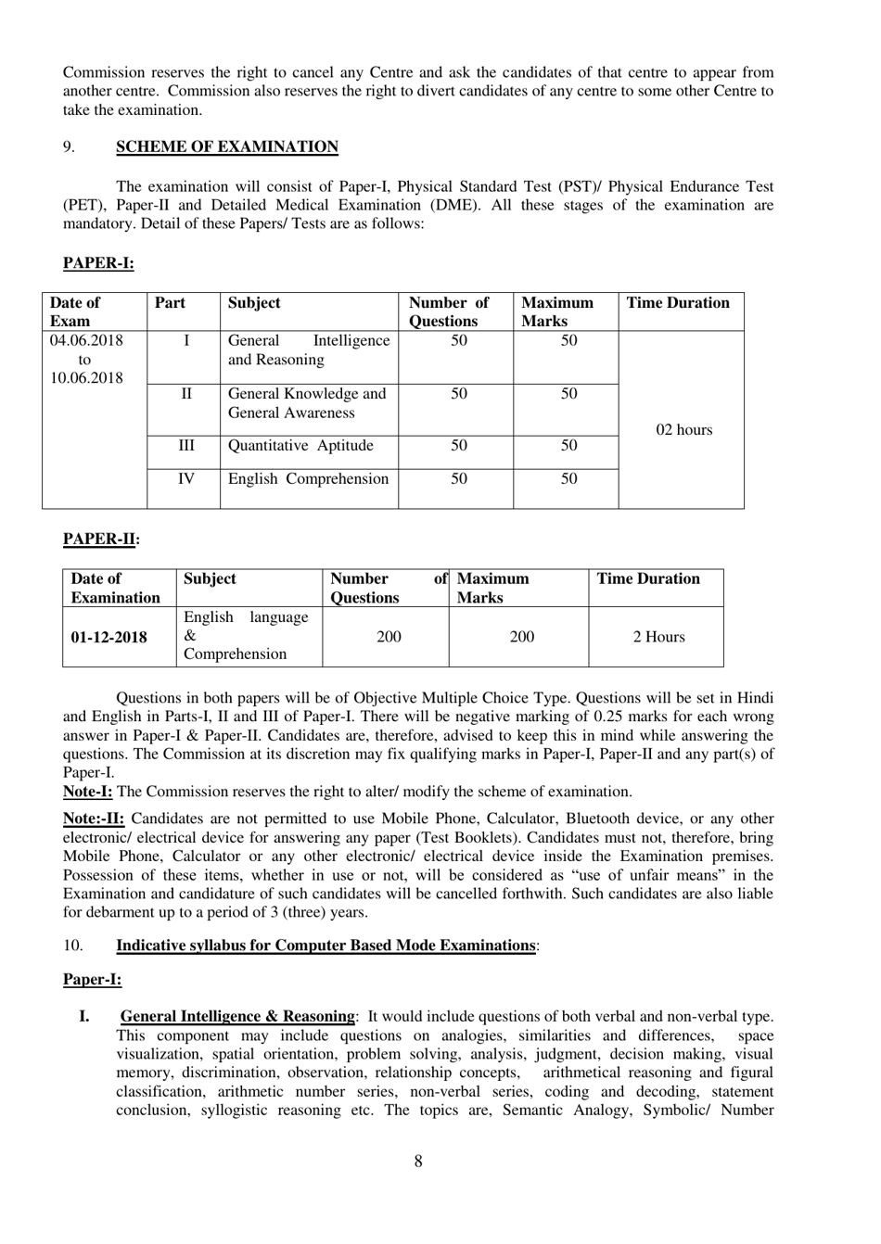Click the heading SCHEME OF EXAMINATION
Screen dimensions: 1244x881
coord(226,146)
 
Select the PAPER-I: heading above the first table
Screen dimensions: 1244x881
coord(98,263)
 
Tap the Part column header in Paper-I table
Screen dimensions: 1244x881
coord(170,303)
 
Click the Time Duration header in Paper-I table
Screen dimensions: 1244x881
coord(678,303)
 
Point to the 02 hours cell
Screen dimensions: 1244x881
coord(683,429)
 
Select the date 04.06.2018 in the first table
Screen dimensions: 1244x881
coord(86,340)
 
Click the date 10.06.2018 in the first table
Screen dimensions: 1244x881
coord(86,377)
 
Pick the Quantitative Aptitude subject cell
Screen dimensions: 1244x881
coord(300,446)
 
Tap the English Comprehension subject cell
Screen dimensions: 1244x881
coord(308,479)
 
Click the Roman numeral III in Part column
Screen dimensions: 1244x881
coord(185,446)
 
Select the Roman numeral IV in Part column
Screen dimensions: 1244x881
coord(185,479)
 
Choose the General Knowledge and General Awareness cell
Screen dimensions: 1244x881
coord(307,403)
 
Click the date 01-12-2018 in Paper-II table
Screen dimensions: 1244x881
coord(109,637)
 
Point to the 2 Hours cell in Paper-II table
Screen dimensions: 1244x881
coord(658,637)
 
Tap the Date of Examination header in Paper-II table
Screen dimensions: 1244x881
coord(115,589)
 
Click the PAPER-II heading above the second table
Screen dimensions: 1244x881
coord(100,539)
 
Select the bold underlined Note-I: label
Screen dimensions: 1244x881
coord(87,792)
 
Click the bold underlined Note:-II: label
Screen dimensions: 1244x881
coord(93,819)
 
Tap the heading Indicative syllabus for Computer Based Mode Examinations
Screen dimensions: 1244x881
coord(326,946)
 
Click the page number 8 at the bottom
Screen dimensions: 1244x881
coord(418,1161)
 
